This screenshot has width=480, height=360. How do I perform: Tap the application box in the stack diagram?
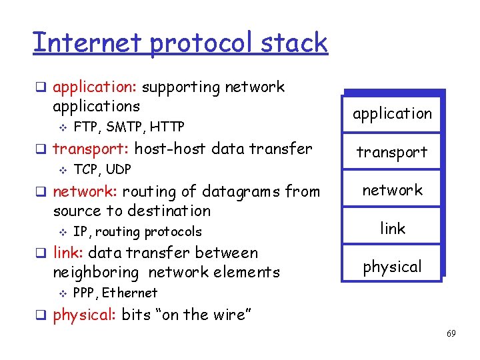(392, 113)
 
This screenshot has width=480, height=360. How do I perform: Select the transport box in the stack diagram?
(392, 152)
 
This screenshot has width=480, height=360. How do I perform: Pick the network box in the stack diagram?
(392, 190)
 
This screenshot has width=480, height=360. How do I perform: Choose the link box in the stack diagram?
(392, 228)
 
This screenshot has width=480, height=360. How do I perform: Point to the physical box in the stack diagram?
(392, 267)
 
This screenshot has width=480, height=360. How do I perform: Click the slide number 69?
(451, 333)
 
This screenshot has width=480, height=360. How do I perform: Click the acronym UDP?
(118, 169)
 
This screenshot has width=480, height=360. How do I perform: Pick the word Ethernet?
(129, 293)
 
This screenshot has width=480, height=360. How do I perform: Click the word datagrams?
(241, 191)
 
